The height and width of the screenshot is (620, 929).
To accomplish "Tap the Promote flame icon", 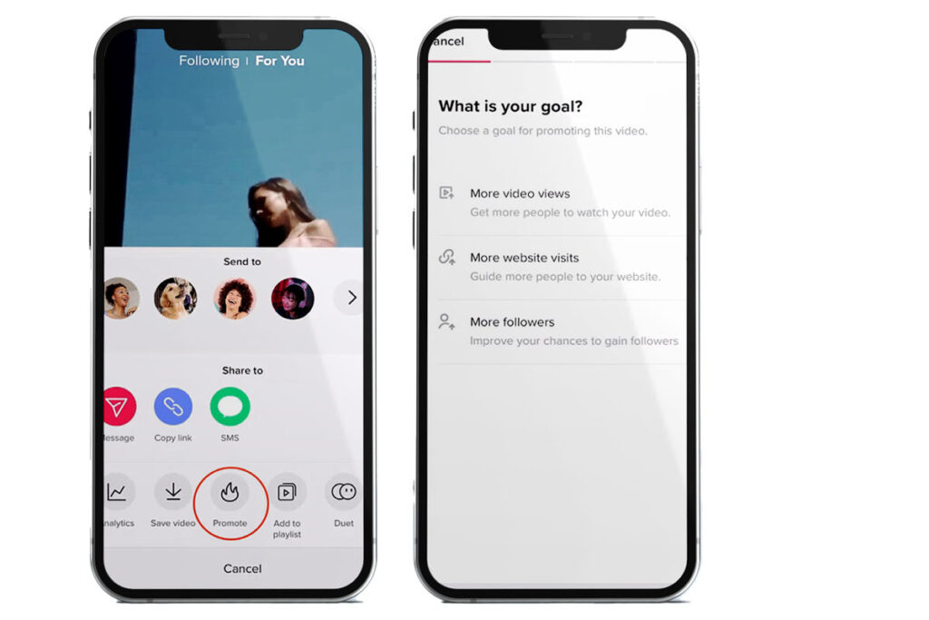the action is click(230, 491).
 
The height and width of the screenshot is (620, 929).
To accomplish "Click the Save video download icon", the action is click(173, 491).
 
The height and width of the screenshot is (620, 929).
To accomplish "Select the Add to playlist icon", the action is click(287, 492).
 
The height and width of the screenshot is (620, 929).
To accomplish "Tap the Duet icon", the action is click(344, 491).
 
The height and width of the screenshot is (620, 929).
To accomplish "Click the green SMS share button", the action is click(230, 407).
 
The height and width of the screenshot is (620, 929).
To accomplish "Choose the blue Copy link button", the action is click(173, 407).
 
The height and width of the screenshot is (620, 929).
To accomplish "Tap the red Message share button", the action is click(119, 407).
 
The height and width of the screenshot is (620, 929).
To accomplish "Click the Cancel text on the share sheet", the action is click(242, 568).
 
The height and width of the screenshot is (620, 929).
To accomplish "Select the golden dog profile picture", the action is click(175, 298).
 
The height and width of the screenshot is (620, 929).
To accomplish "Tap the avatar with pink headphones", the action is click(293, 298).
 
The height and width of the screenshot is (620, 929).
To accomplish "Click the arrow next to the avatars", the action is click(352, 297).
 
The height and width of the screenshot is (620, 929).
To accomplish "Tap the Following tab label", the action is click(210, 61).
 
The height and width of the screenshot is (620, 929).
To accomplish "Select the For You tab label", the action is click(279, 61).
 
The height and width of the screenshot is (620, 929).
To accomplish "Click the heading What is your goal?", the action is click(511, 107).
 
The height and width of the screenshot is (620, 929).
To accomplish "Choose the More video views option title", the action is click(520, 193).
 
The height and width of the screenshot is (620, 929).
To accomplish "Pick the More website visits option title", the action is click(524, 258).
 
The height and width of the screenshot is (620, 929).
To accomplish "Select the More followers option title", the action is click(513, 322).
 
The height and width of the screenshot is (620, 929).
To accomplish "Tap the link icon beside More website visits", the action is click(446, 257).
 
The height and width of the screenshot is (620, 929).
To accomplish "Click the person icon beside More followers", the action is click(446, 321).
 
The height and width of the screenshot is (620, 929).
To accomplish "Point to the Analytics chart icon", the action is click(117, 492).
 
